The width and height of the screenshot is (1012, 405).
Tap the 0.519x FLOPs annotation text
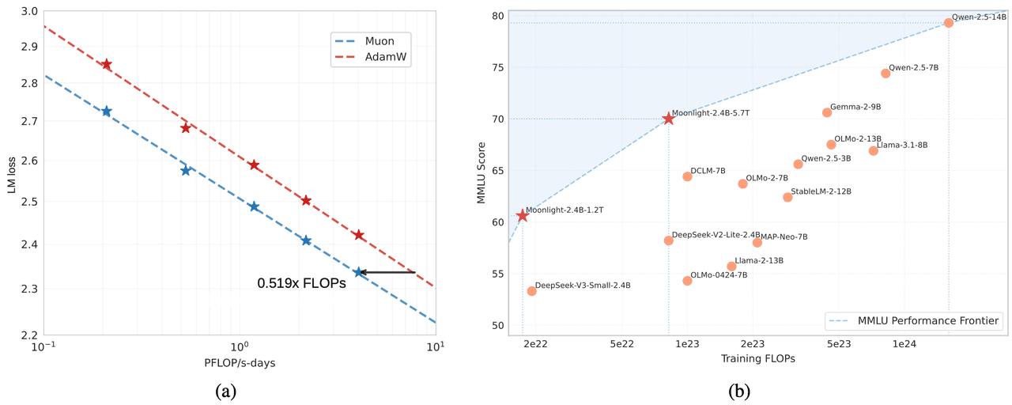(x=301, y=282)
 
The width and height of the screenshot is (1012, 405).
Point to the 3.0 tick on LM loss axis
(x=28, y=12)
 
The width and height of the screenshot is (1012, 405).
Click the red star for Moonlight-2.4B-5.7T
(x=669, y=119)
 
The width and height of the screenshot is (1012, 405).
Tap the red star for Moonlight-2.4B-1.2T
(x=523, y=216)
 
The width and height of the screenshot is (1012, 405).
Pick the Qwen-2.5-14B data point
(x=949, y=23)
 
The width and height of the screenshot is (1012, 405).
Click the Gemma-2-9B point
(x=827, y=112)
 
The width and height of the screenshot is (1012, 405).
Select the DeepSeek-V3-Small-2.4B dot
(x=531, y=291)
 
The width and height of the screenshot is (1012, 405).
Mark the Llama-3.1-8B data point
(x=873, y=150)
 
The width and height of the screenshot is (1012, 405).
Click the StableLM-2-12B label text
(x=821, y=191)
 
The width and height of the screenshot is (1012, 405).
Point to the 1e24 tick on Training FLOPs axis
(x=904, y=345)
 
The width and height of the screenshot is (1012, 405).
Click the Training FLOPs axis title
(x=757, y=359)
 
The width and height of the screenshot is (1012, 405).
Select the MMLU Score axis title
(x=483, y=173)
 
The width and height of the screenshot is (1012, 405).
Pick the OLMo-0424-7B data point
(x=687, y=281)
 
